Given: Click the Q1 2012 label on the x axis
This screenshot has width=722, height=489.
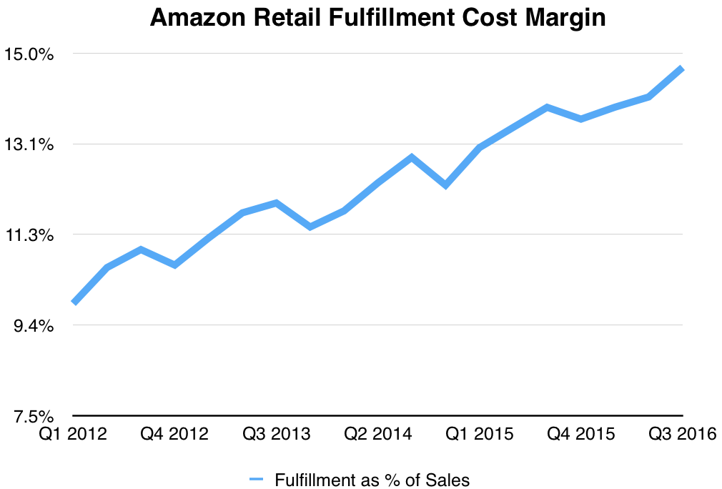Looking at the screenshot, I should pos(73,435).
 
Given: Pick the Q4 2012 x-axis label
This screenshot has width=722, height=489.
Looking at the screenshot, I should pos(174,435).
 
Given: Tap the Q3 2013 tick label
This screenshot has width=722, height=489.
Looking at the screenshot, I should pos(276,435).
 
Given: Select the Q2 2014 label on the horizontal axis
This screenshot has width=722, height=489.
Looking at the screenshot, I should pos(377,435).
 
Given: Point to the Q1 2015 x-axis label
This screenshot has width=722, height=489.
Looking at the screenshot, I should pos(479,435).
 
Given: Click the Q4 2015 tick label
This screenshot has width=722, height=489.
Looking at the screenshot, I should pos(580,435).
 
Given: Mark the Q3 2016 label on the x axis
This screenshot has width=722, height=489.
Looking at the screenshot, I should pos(682,435).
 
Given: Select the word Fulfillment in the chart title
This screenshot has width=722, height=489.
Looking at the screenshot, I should pos(374,19).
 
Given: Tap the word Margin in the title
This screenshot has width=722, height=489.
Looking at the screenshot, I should pos(569,19).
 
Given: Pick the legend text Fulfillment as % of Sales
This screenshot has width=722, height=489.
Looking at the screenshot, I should pos(372,480).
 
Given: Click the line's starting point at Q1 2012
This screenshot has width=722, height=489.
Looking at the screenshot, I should pos(74,302).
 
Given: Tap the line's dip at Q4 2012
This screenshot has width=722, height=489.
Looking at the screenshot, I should pos(174,265).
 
